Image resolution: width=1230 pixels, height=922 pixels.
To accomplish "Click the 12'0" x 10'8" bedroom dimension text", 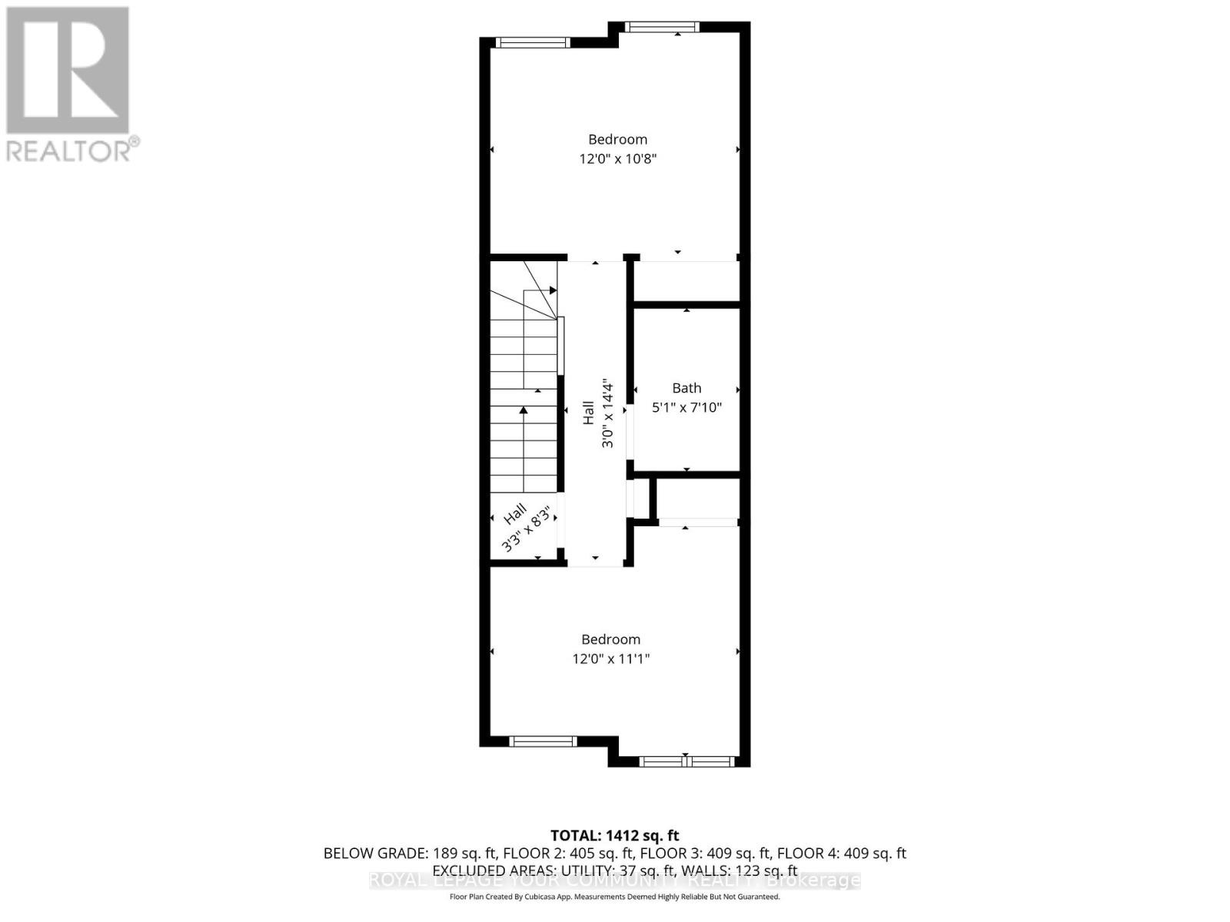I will pyautogui.click(x=617, y=160).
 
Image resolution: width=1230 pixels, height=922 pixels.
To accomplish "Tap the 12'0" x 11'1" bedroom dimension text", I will pyautogui.click(x=610, y=659).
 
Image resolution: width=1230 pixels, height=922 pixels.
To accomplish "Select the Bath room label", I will pyautogui.click(x=686, y=388).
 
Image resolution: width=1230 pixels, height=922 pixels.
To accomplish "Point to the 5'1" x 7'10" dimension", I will pyautogui.click(x=686, y=408).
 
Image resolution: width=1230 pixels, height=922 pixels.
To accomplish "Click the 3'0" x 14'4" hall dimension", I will pyautogui.click(x=607, y=413).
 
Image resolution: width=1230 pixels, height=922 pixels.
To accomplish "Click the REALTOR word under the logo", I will pyautogui.click(x=68, y=149).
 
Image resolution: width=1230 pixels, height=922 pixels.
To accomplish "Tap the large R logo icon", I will pyautogui.click(x=68, y=70).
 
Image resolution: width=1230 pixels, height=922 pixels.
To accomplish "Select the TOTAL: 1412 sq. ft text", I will pyautogui.click(x=614, y=835).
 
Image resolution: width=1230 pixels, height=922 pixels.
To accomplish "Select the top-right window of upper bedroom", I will pyautogui.click(x=661, y=28).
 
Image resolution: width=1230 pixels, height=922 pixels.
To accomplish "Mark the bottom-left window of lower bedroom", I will pyautogui.click(x=543, y=741).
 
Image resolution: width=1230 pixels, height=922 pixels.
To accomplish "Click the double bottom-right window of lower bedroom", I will pyautogui.click(x=686, y=761).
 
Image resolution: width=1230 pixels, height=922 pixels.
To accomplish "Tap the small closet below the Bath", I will pyautogui.click(x=697, y=499).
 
